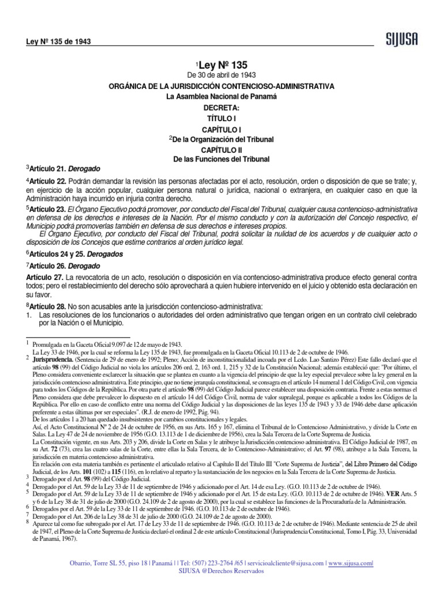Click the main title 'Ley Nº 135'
pos(225,65)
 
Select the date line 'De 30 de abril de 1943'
pos(222,76)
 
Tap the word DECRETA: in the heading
pos(222,107)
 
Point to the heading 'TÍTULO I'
pos(222,118)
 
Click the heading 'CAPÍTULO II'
pos(222,149)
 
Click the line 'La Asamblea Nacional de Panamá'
pos(222,96)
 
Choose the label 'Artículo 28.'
pos(48,305)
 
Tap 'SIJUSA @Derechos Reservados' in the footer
pos(221,571)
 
